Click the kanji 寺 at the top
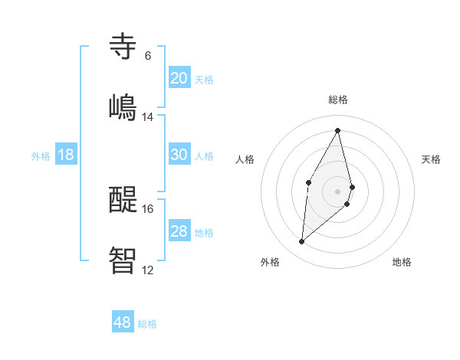(123, 46)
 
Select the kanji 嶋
(123, 106)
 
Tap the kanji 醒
(123, 199)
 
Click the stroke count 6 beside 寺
(147, 56)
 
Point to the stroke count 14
(148, 117)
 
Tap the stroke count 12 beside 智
(148, 270)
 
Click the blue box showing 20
(179, 78)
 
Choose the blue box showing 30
(179, 155)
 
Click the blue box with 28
(179, 231)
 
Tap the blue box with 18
(66, 155)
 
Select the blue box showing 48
(122, 322)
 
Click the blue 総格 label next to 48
(147, 324)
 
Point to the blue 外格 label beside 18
(41, 156)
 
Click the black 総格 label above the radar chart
(338, 100)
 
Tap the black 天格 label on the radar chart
(431, 159)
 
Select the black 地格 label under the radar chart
(402, 262)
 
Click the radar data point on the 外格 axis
(302, 242)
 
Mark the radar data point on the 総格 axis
(338, 130)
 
